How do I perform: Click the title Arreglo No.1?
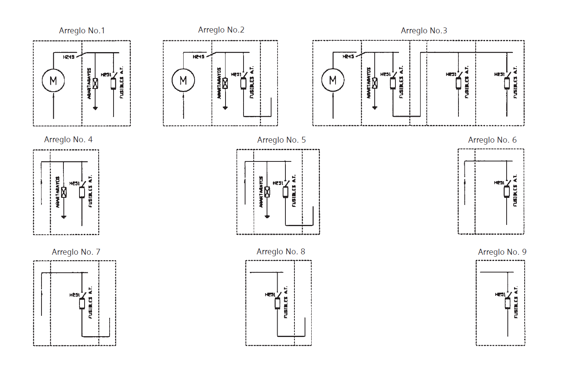coord(82,31)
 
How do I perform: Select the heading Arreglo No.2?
coord(221,30)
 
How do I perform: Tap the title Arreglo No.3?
coord(424,31)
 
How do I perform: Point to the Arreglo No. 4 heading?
coord(68,139)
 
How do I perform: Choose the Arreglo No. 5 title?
coord(281,140)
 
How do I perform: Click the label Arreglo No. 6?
coord(492,140)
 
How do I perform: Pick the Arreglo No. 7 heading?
coord(76,252)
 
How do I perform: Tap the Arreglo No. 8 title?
coord(281,252)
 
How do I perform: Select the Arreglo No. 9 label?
coord(502,252)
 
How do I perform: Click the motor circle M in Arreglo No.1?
coord(53,80)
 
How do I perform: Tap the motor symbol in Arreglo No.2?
coord(183,80)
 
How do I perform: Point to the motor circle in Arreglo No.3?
coord(333,80)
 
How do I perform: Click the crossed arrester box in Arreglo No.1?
coord(95,83)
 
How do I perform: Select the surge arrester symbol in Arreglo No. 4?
coord(64,192)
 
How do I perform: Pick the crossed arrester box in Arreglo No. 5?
coord(267,192)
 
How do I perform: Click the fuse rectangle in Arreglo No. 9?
coord(508,303)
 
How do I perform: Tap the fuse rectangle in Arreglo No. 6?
coord(507,191)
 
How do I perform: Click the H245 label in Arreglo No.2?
coord(198,57)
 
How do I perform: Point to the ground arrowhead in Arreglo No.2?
coord(225,108)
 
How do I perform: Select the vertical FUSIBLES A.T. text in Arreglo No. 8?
coord(286,302)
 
